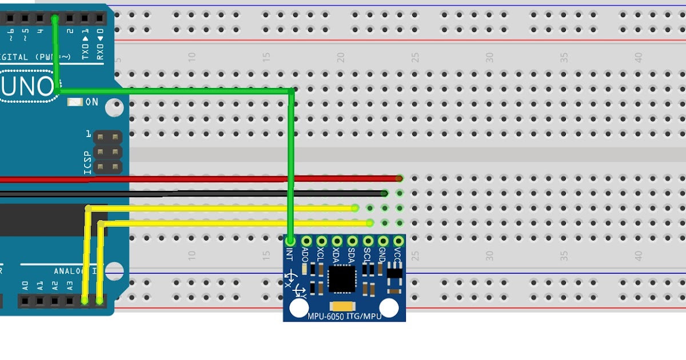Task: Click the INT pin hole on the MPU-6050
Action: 290,242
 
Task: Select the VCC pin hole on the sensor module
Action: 398,242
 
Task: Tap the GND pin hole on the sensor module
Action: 383,242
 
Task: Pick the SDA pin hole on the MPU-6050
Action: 352,242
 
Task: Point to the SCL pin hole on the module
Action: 368,242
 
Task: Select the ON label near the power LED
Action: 91,102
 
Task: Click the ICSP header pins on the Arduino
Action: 108,153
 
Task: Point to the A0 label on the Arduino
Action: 25,283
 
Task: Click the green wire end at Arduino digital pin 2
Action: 55,19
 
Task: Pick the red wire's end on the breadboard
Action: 398,179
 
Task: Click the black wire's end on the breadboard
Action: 385,194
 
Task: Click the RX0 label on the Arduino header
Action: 100,49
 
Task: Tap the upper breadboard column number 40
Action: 639,57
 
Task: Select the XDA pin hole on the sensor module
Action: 337,242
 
